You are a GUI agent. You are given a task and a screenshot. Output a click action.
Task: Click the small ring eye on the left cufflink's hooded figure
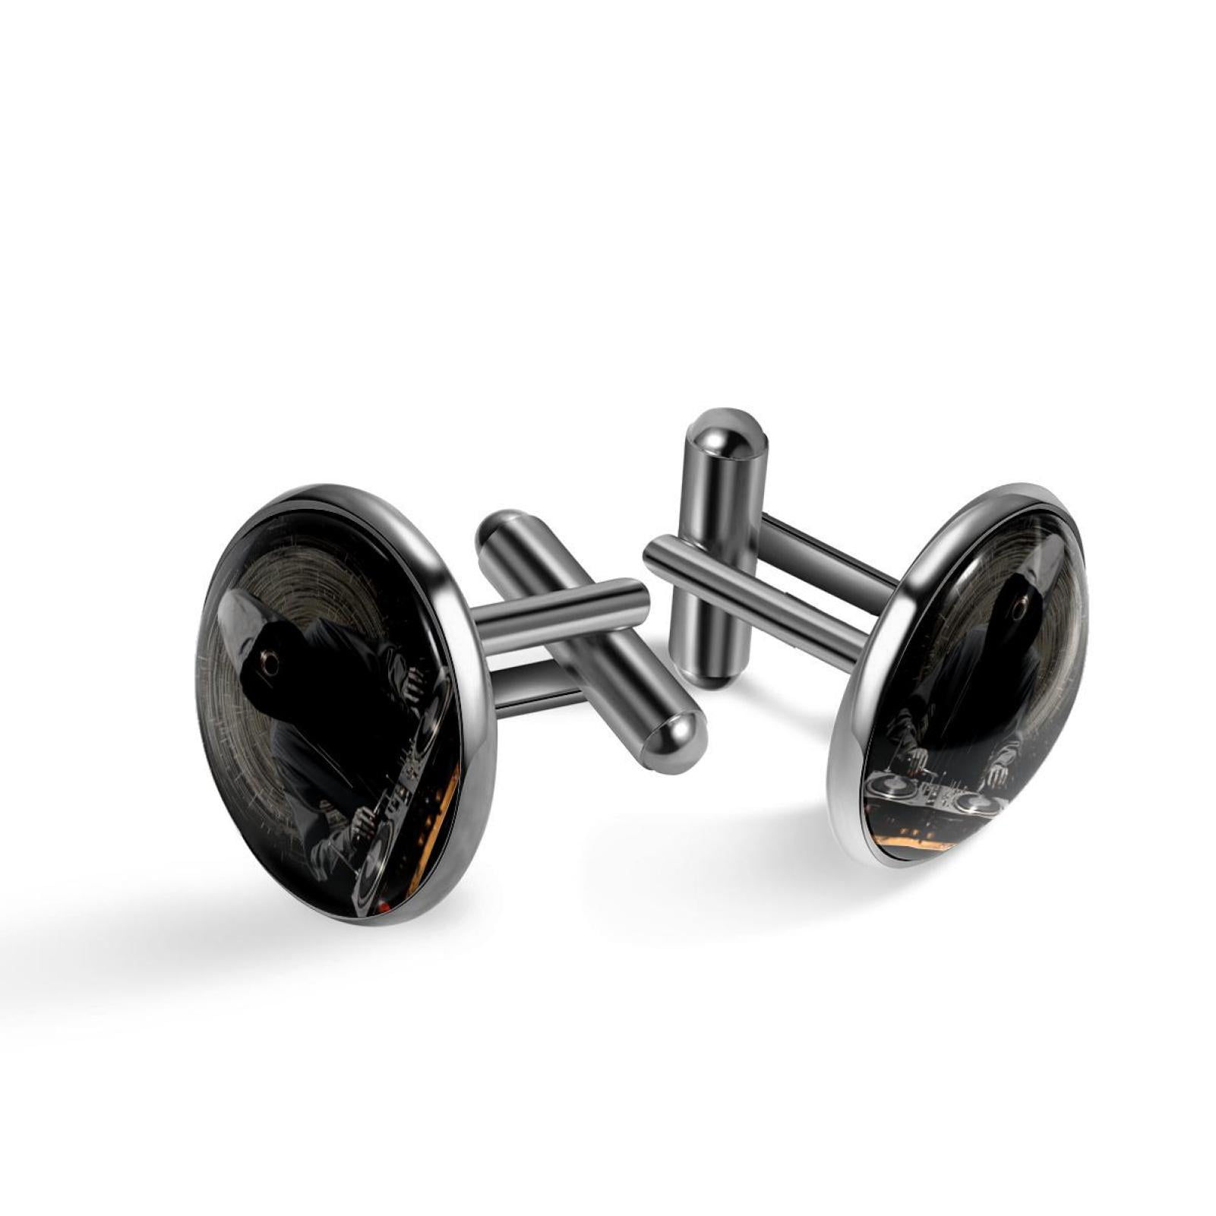(x=268, y=662)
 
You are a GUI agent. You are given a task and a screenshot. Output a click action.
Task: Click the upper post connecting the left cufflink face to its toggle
(x=562, y=611)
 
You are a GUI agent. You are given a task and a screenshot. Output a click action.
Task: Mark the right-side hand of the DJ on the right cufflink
(x=999, y=775)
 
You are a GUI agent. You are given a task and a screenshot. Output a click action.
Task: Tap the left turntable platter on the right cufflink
(x=889, y=787)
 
